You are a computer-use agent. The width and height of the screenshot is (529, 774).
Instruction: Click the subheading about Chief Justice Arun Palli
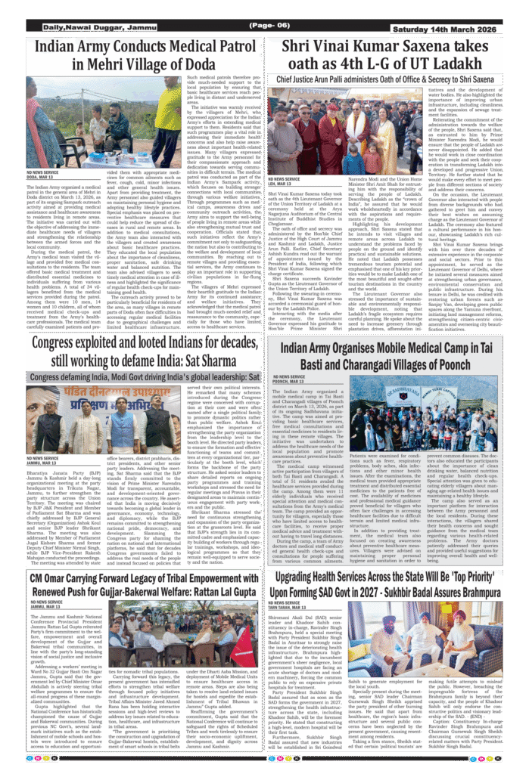(x=384, y=79)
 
